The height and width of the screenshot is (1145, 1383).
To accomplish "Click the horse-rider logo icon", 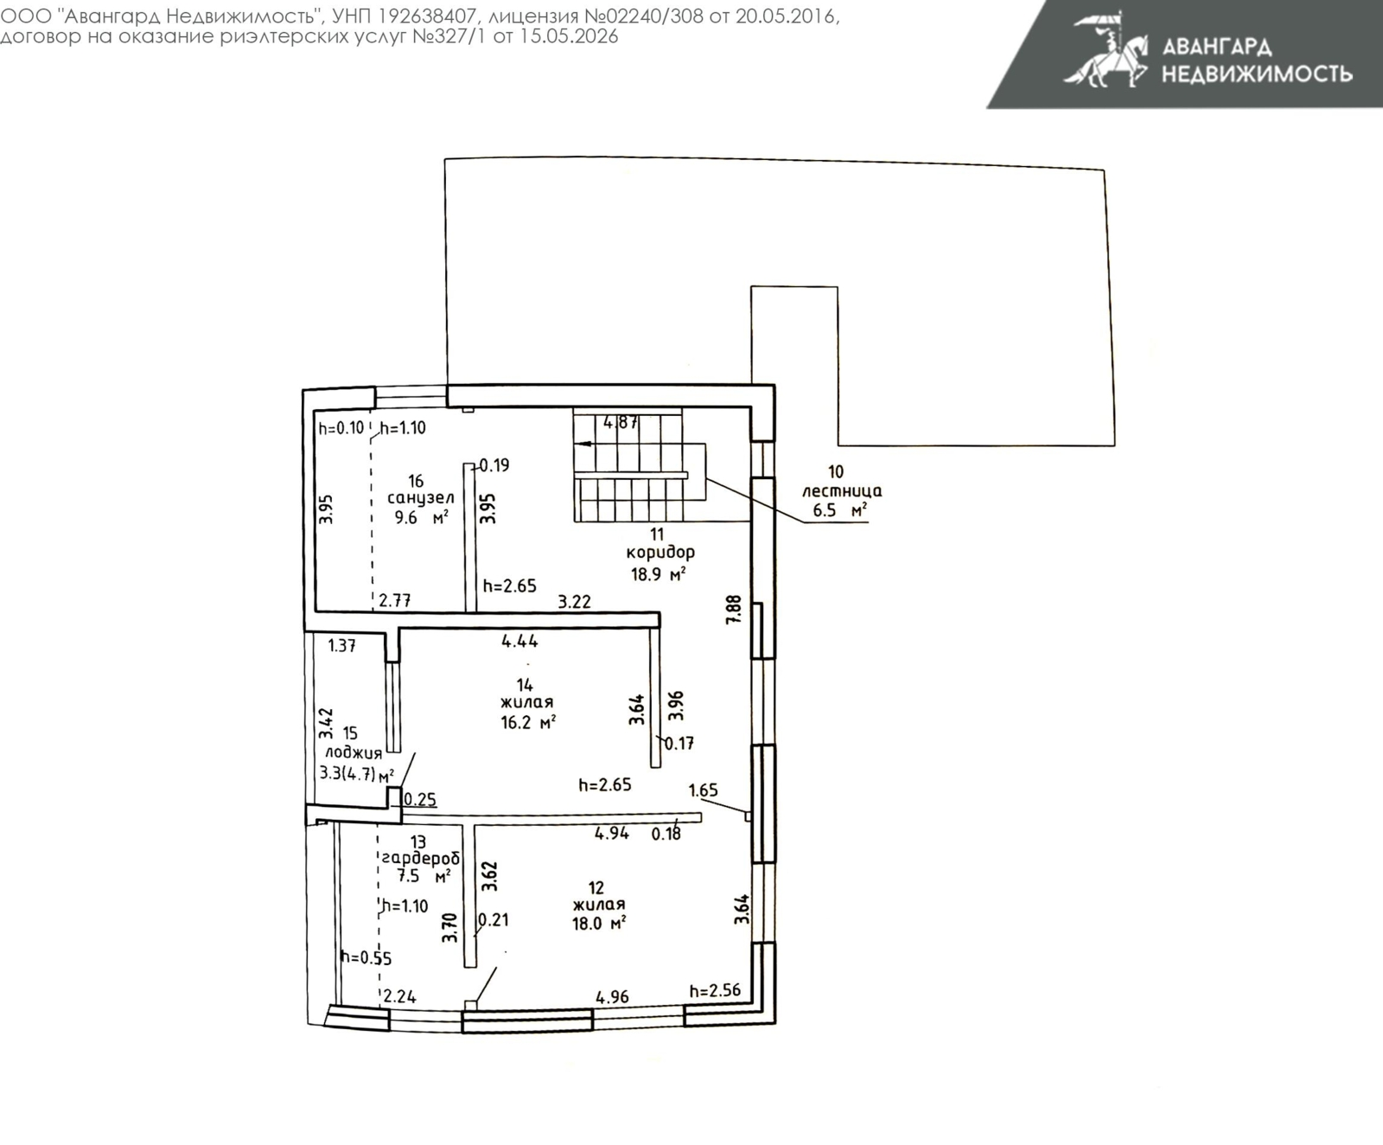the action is coord(1106,49).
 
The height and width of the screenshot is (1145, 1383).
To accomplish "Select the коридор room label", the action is coord(660,552).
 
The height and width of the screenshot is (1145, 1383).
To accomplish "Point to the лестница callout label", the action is coord(842,491).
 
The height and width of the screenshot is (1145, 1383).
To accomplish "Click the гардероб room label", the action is coord(421,859).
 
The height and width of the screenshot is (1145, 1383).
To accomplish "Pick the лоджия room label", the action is coord(354,753).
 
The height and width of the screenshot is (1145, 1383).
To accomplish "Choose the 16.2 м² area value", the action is coord(528,722).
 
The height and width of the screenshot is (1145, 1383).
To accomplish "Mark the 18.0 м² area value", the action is coord(599,924).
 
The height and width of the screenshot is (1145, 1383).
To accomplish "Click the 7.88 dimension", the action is coord(734,610).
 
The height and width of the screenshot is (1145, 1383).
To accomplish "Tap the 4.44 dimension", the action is coord(519,641).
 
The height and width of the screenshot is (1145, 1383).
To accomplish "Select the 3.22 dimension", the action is coord(574,602).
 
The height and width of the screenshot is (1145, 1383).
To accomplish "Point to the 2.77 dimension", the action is coord(395,600).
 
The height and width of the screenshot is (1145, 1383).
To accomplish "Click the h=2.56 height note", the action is coord(715,990).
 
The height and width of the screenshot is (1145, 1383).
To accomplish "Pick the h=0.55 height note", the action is coord(366,957).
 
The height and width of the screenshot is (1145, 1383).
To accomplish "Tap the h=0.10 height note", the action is coord(341,427).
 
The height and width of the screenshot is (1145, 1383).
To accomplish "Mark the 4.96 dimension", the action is coord(613,997).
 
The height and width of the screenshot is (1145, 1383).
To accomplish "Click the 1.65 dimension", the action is coord(704,790).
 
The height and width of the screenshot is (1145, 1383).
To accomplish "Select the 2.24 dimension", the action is coord(400,996).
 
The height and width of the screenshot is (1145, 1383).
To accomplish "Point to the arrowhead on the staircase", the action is coord(583,444).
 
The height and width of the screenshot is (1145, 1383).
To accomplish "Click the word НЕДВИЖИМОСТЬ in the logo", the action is coord(1257,74).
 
